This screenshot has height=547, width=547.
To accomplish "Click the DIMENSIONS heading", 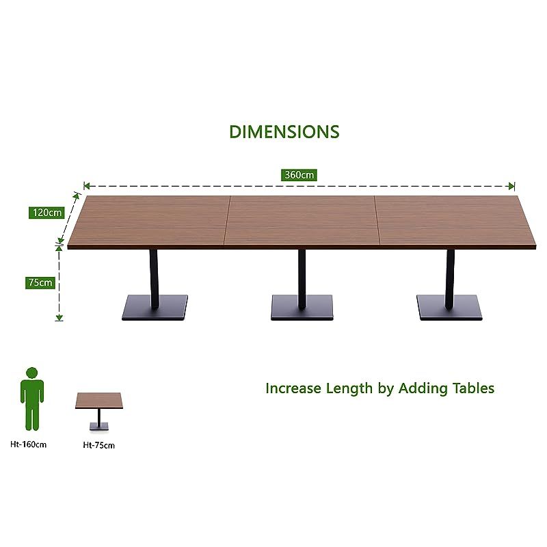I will click(x=284, y=131).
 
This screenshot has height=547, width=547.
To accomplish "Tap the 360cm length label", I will click(x=299, y=175).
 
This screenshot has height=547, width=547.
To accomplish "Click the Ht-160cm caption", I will click(x=30, y=445).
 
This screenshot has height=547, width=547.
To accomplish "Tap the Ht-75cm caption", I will click(x=98, y=445).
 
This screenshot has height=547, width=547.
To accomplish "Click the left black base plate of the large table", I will click(x=155, y=308).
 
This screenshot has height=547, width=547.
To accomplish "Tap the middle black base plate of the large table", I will click(x=302, y=308).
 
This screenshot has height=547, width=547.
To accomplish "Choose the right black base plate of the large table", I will click(x=449, y=308).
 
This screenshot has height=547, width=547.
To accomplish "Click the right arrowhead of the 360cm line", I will click(x=511, y=185).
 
